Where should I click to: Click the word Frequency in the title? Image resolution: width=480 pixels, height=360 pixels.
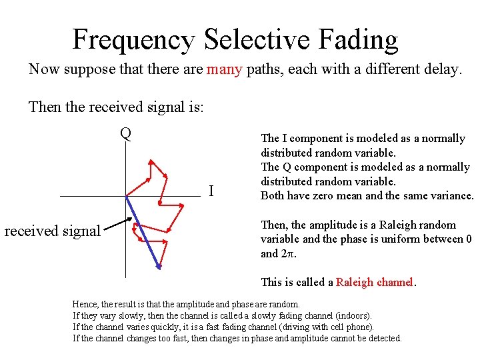click(x=133, y=40)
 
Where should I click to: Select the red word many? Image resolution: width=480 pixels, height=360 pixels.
click(x=224, y=69)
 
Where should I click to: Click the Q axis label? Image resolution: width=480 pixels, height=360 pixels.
click(x=125, y=133)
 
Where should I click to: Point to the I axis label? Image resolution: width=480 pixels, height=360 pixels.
click(x=211, y=191)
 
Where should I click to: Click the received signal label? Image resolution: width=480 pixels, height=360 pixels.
click(x=53, y=231)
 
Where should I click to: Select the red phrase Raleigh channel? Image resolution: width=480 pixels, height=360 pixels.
click(x=375, y=282)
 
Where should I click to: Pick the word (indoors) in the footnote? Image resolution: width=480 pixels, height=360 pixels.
click(x=351, y=315)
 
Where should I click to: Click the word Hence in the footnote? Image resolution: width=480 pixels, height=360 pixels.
click(x=84, y=304)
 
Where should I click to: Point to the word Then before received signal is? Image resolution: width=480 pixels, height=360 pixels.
click(x=45, y=107)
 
